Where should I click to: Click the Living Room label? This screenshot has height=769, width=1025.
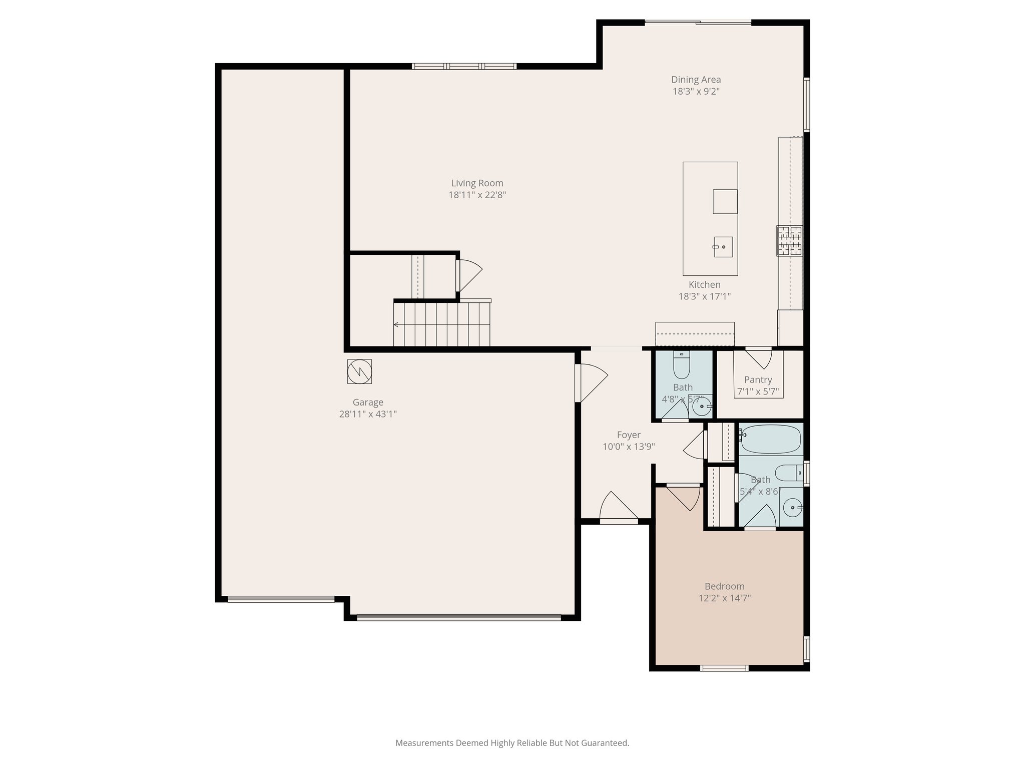[477, 183]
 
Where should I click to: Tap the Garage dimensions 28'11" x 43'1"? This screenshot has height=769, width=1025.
[368, 414]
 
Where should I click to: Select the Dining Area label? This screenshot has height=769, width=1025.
[696, 80]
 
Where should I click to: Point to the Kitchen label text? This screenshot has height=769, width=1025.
[704, 284]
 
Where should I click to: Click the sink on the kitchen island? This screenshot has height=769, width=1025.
[723, 247]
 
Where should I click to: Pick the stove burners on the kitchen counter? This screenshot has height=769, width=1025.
[789, 241]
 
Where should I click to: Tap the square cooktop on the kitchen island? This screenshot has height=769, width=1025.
[725, 201]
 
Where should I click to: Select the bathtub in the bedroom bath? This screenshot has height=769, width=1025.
[771, 439]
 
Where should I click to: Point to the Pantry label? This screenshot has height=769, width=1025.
[758, 380]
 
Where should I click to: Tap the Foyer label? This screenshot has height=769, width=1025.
[629, 435]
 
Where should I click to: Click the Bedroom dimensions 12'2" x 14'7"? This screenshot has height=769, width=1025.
[724, 598]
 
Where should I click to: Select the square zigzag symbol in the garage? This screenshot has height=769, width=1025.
[359, 371]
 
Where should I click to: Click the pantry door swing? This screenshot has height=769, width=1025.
[759, 357]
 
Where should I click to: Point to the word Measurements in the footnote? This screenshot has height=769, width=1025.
[424, 743]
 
